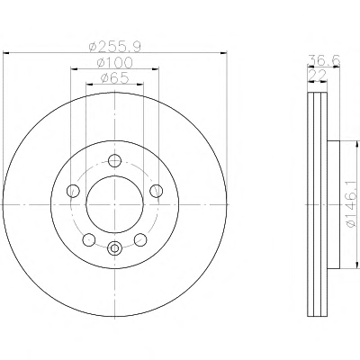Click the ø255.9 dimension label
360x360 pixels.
(115, 47)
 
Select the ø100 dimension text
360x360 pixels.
(114, 63)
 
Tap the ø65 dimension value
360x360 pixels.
(114, 78)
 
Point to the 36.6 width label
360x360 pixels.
(324, 61)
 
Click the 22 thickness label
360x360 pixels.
(318, 76)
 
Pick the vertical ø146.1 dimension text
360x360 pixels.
(354, 204)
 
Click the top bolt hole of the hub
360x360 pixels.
(114, 160)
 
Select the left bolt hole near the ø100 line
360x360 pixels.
(73, 191)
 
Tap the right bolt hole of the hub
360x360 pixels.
(157, 191)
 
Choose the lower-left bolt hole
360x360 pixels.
(89, 239)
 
